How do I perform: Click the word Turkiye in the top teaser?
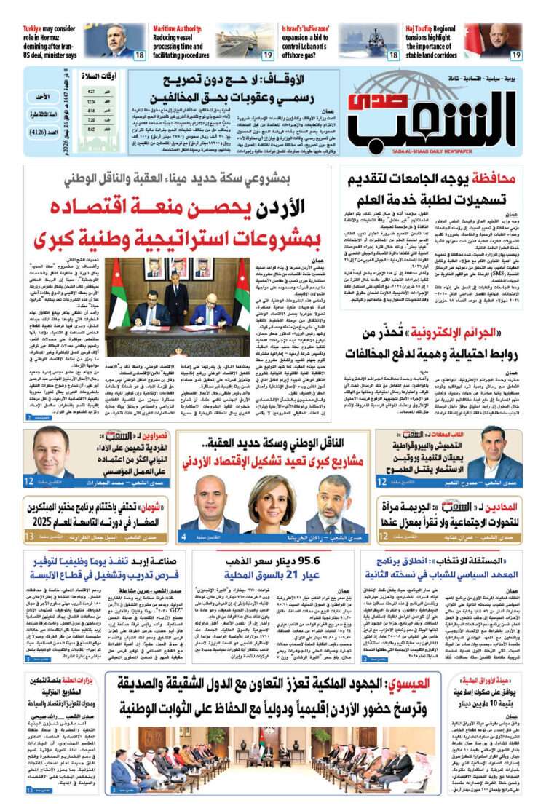point(36,29)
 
